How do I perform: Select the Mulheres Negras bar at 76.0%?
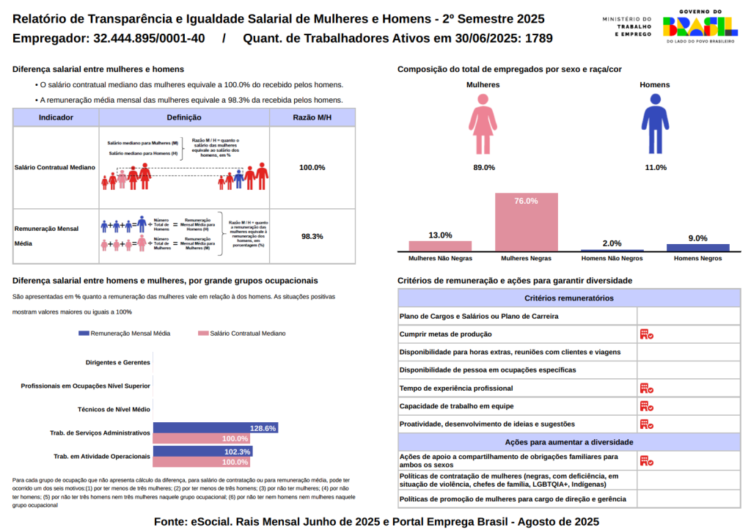pos(526,222)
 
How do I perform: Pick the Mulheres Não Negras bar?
pos(440,246)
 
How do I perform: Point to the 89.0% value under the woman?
pos(483,168)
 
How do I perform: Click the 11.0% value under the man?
pos(655,168)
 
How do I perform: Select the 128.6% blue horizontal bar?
pos(216,428)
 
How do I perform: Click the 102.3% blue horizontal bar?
pos(203,452)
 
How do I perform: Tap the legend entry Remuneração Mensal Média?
pos(124,334)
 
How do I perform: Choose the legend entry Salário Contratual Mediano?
pos(242,334)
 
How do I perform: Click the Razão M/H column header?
pos(312,117)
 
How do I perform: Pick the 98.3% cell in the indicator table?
pos(312,237)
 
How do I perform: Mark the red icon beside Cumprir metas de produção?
pos(646,334)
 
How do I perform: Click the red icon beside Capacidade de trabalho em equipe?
pos(646,406)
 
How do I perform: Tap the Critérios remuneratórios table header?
pos(569,298)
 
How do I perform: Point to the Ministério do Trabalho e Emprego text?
pos(626,26)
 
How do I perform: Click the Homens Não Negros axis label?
pos(612,259)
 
